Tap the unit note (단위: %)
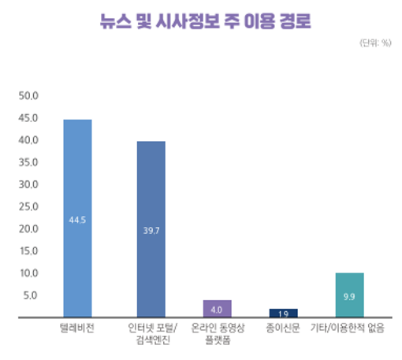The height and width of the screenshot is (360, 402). [x=375, y=43]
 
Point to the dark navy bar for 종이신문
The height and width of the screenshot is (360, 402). [x=284, y=313]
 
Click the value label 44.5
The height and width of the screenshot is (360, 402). [x=77, y=220]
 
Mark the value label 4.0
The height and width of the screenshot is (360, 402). [x=217, y=309]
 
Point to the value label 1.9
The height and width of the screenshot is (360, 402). [x=284, y=314]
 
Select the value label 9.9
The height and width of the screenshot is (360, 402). [x=350, y=296]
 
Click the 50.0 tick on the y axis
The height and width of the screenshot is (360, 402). [x=28, y=96]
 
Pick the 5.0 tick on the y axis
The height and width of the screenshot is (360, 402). [x=30, y=295]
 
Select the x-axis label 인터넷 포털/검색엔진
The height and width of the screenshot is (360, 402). [x=151, y=332]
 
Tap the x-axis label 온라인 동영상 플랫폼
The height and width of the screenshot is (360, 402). [x=217, y=332]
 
